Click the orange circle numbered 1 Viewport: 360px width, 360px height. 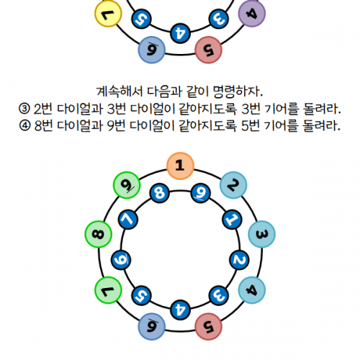(x=180, y=166)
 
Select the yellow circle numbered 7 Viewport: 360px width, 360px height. (x=108, y=14)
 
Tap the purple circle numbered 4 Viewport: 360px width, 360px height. (x=252, y=14)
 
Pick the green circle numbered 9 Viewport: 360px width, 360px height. (x=127, y=185)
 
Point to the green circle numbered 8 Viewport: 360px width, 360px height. (x=99, y=234)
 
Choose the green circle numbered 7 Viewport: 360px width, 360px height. (x=108, y=290)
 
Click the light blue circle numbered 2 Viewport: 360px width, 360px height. (x=233, y=185)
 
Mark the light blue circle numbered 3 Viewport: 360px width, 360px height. (x=261, y=234)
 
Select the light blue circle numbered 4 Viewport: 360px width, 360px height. (x=252, y=290)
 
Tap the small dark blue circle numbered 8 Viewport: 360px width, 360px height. (x=160, y=193)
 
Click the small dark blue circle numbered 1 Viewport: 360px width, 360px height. (x=232, y=220)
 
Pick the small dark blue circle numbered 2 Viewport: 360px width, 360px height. (x=239, y=260)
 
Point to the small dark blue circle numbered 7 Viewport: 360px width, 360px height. (x=128, y=220)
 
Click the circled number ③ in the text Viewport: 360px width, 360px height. (x=24, y=109)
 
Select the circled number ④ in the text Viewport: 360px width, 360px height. (x=24, y=125)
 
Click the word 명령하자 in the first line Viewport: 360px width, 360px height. (x=235, y=91)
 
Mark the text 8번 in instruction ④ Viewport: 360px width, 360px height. (x=43, y=125)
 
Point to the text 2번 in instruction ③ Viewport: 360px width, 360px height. (x=42, y=109)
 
